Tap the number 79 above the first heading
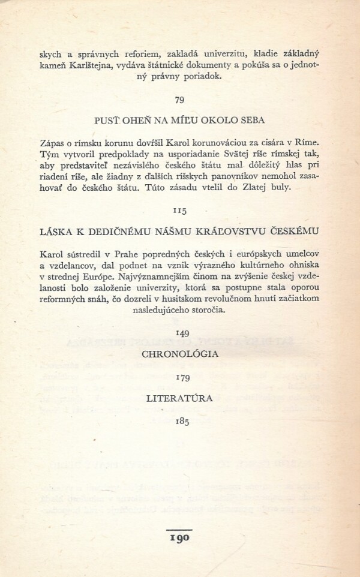coord(179,99)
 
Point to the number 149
coord(179,332)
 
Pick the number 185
coord(179,421)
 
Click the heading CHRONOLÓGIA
coord(179,354)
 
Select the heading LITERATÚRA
coord(179,398)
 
